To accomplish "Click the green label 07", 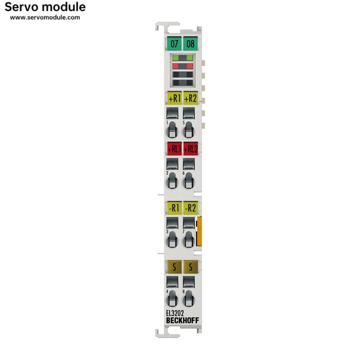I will [174, 43].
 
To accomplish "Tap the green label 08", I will [190, 43].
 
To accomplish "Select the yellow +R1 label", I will [174, 98].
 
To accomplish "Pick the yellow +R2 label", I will [190, 98].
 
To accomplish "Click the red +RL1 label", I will [174, 148].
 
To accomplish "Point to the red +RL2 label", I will [190, 148].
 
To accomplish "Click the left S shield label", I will [174, 266].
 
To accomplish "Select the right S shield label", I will [190, 266].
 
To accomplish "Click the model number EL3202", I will [174, 313].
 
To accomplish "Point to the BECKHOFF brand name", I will [182, 320].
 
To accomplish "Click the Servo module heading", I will [45, 7].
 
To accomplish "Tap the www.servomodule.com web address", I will [45, 17].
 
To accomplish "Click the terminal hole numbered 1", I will [172, 130].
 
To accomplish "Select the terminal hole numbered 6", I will [188, 180].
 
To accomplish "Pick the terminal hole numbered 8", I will [188, 298].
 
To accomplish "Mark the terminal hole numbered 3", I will [172, 240].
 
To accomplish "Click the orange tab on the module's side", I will [199, 231].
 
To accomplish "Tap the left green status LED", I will [175, 58].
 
